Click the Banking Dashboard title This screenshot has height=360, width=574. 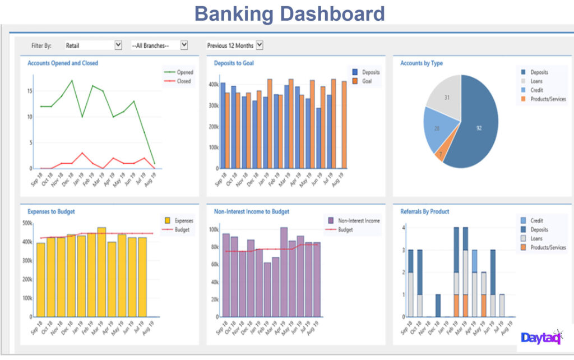pyautogui.click(x=289, y=13)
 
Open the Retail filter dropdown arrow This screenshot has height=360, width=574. pyautogui.click(x=118, y=45)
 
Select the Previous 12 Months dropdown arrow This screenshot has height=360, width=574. pyautogui.click(x=260, y=45)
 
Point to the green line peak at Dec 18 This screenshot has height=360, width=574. pyautogui.click(x=72, y=81)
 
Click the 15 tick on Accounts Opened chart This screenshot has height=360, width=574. pyautogui.click(x=30, y=91)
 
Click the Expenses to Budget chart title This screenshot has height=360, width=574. pyautogui.click(x=51, y=211)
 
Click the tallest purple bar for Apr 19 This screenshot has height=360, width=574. pyautogui.click(x=284, y=269)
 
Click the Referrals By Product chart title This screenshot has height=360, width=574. pyautogui.click(x=424, y=211)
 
